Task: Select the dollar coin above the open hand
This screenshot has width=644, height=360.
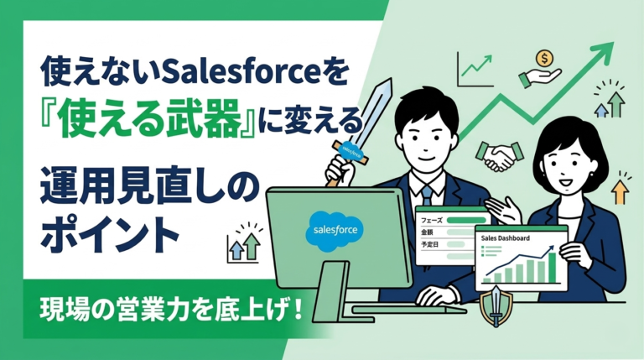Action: pyautogui.click(x=546, y=60)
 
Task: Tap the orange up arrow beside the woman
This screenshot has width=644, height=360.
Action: pyautogui.click(x=620, y=192)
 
